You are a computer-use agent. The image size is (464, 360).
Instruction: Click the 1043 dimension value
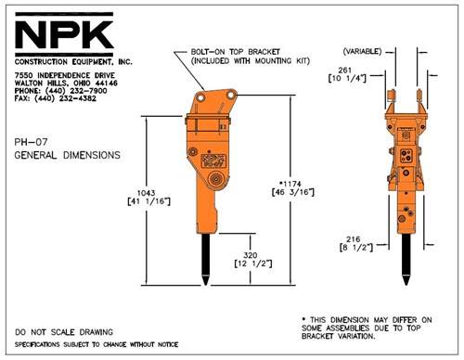click(145, 191)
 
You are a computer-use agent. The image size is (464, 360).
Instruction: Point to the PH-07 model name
click(30, 142)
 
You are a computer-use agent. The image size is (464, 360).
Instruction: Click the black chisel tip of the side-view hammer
click(201, 264)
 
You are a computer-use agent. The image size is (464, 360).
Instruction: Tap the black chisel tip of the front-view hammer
click(406, 264)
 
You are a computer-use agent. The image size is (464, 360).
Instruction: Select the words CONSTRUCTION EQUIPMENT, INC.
click(67, 61)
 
